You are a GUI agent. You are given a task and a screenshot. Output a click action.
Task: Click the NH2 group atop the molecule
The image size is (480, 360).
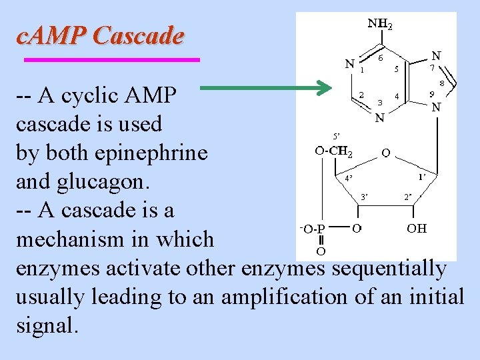(x=380, y=25)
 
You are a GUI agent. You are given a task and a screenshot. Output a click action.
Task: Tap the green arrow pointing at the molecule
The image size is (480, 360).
(x=266, y=87)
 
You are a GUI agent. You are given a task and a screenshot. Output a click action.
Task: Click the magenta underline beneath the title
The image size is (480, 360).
(x=112, y=60)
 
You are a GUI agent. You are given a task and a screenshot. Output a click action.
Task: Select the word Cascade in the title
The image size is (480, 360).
(x=139, y=35)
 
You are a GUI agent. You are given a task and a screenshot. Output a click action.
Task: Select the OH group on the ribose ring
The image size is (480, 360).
(x=417, y=229)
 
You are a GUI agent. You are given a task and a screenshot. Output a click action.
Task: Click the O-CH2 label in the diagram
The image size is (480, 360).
(x=334, y=151)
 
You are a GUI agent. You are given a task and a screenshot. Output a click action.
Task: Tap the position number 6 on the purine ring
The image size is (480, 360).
(x=380, y=58)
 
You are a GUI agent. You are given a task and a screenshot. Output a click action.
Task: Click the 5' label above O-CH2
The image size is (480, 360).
(x=337, y=135)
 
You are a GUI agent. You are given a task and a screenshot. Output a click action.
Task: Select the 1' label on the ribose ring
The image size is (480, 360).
(x=422, y=177)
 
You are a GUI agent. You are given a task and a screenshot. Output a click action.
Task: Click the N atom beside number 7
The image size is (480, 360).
(x=436, y=56)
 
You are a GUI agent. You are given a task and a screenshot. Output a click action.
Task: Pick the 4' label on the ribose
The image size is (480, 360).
(x=349, y=178)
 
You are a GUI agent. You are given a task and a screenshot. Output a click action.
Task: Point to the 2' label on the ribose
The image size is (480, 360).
(x=408, y=197)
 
